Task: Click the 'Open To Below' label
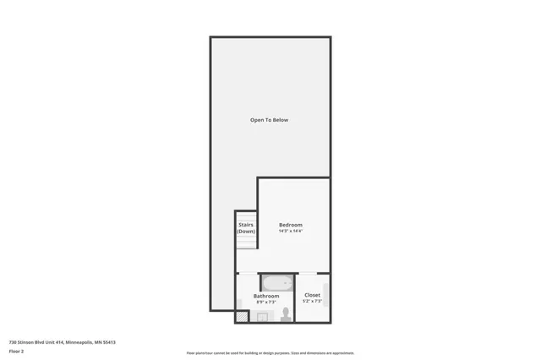point(269,120)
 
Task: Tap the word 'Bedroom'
point(290,225)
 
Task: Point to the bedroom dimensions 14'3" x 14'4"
point(290,231)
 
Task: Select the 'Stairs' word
point(246,225)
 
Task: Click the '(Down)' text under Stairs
point(246,231)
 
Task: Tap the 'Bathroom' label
point(266,296)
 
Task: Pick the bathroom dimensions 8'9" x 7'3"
point(266,302)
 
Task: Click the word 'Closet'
point(312,295)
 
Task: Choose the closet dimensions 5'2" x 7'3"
point(312,301)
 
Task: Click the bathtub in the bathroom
point(276,282)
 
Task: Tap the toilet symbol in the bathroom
point(286,314)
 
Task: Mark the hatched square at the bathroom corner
point(243,316)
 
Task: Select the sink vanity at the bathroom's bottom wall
point(263,317)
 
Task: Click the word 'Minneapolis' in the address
point(77,341)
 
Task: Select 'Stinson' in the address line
point(27,341)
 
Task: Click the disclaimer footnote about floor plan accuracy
point(270,353)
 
